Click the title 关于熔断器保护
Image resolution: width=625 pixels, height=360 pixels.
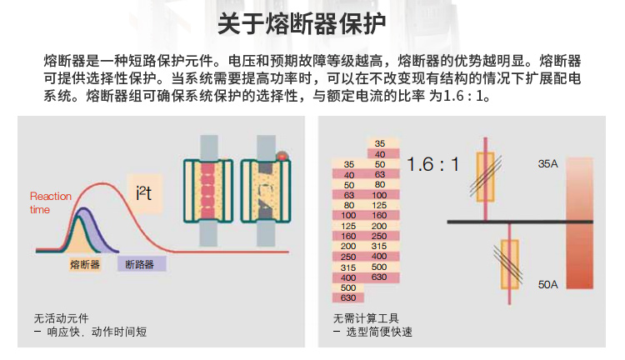(302, 24)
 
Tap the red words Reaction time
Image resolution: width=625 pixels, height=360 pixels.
(51, 203)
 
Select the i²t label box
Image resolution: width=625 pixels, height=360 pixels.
(144, 194)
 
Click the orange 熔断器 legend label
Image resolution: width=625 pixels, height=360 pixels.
(84, 264)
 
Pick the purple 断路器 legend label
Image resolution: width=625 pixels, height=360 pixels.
(142, 264)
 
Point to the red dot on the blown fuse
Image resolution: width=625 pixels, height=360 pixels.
(282, 156)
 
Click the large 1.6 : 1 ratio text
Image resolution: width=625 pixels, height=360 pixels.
(432, 164)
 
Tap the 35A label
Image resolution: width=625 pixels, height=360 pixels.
(547, 164)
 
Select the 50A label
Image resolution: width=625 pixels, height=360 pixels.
(547, 285)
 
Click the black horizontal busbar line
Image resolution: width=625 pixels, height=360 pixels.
(520, 222)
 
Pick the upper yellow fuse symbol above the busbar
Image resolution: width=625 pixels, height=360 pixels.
(486, 177)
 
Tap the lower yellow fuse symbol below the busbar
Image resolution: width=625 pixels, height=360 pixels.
(509, 263)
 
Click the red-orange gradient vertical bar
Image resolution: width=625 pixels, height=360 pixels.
(579, 222)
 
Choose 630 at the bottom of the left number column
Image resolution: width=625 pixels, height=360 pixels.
(348, 297)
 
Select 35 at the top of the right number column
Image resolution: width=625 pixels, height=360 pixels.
(380, 143)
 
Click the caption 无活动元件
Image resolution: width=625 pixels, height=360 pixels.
(62, 318)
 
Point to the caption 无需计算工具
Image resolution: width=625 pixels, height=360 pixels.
(366, 318)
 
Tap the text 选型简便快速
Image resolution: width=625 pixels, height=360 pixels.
(379, 332)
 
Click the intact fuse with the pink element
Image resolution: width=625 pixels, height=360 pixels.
(208, 191)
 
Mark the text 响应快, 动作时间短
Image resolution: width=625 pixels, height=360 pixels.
(97, 332)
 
